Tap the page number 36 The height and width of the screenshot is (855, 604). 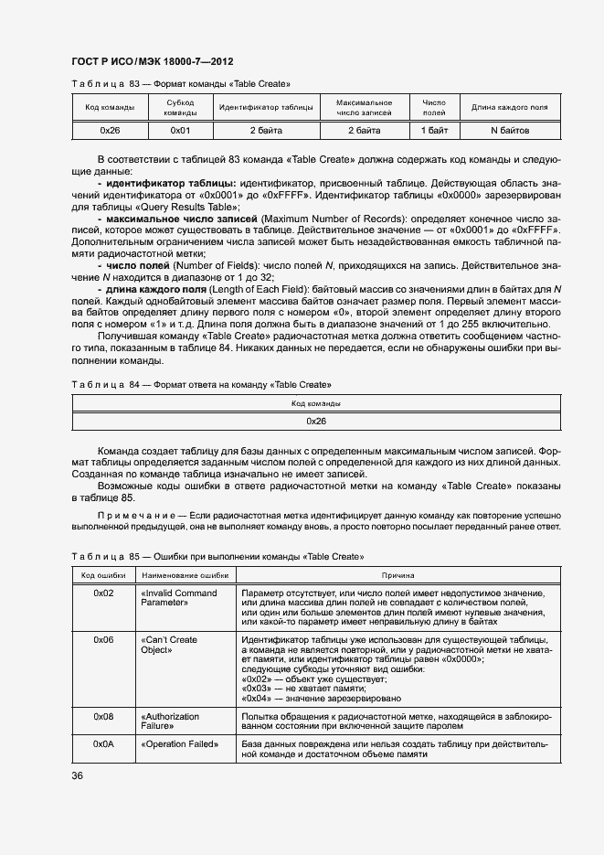pyautogui.click(x=78, y=776)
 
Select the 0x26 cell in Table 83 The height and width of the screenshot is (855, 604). pyautogui.click(x=111, y=132)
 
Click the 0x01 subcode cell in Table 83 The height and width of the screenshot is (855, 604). pyautogui.click(x=180, y=132)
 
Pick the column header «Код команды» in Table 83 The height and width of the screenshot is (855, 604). pyautogui.click(x=111, y=108)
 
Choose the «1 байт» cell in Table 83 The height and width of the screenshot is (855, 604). pyautogui.click(x=434, y=132)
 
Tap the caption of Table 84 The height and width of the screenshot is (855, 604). pyautogui.click(x=201, y=384)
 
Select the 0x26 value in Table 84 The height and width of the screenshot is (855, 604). pyautogui.click(x=316, y=422)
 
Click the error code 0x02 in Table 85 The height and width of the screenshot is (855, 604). pyautogui.click(x=103, y=593)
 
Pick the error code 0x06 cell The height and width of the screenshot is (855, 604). pyautogui.click(x=103, y=640)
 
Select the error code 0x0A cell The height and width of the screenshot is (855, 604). pyautogui.click(x=103, y=744)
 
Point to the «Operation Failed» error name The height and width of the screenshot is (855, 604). pyautogui.click(x=180, y=744)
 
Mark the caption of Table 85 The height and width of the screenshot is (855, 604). pyautogui.click(x=217, y=556)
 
